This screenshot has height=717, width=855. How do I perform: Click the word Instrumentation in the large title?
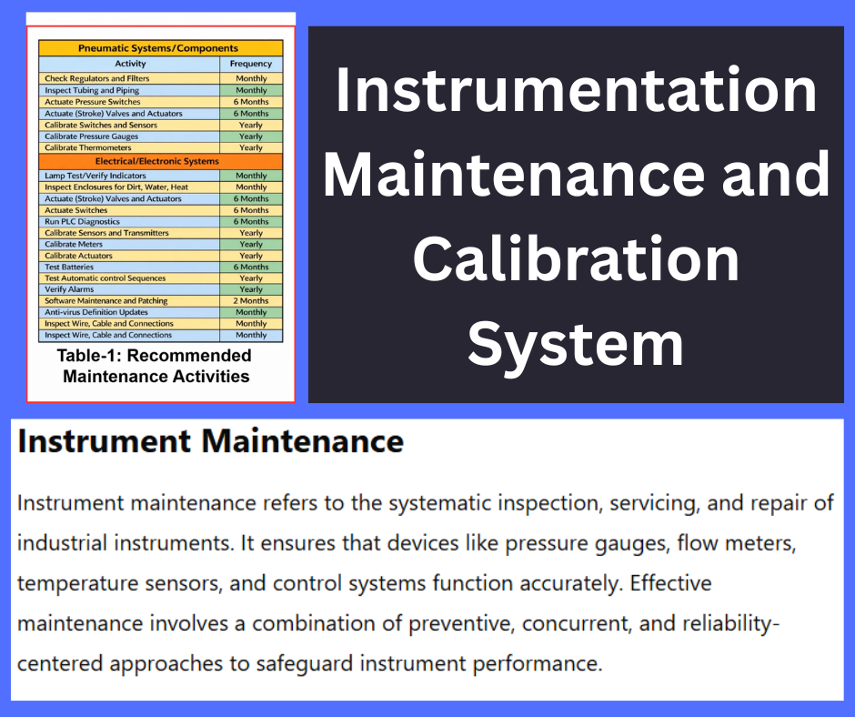575,91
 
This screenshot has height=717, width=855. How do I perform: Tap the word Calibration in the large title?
575,260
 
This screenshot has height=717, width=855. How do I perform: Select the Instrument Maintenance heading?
210,442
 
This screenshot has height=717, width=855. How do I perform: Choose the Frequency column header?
251,64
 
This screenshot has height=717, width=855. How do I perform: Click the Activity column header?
130,64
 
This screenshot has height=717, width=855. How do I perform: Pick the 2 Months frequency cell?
251,301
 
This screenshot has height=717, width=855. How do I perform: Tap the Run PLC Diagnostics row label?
83,221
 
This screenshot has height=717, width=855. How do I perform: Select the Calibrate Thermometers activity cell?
88,147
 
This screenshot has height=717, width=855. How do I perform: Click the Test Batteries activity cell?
72,267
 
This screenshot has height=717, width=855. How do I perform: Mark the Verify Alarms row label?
70,289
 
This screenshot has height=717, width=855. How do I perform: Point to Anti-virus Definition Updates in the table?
96,312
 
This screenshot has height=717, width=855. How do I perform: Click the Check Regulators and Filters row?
97,79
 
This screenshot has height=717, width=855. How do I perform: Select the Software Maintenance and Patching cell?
106,301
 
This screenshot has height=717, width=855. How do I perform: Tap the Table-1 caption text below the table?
155,365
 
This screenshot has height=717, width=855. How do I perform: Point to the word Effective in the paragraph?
670,583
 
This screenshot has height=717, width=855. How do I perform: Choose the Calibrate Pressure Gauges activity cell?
92,136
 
